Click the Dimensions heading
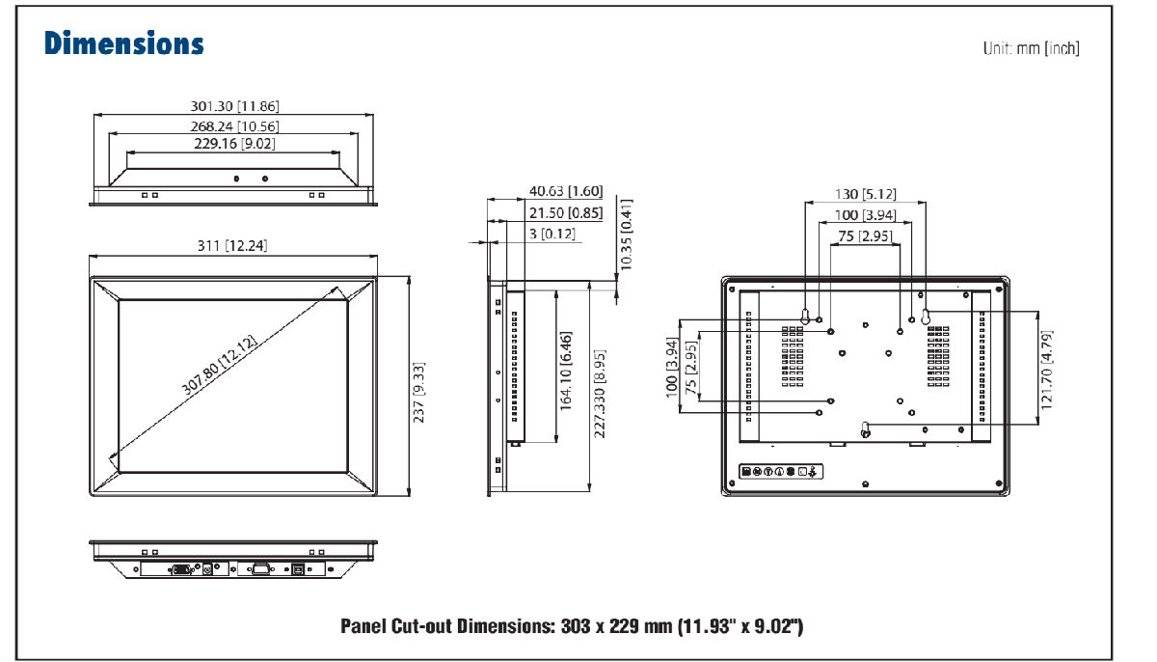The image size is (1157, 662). [124, 42]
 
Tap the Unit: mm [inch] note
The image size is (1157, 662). [1031, 48]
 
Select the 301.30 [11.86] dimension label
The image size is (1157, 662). [234, 106]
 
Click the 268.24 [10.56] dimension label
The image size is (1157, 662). [234, 126]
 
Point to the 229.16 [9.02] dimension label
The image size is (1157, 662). [234, 143]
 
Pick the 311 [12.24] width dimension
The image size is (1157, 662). [232, 245]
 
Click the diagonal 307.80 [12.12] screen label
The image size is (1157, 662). [219, 365]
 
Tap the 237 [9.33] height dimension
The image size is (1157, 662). [418, 392]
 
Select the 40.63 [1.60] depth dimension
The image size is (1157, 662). [566, 191]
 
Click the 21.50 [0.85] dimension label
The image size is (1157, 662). [566, 213]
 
